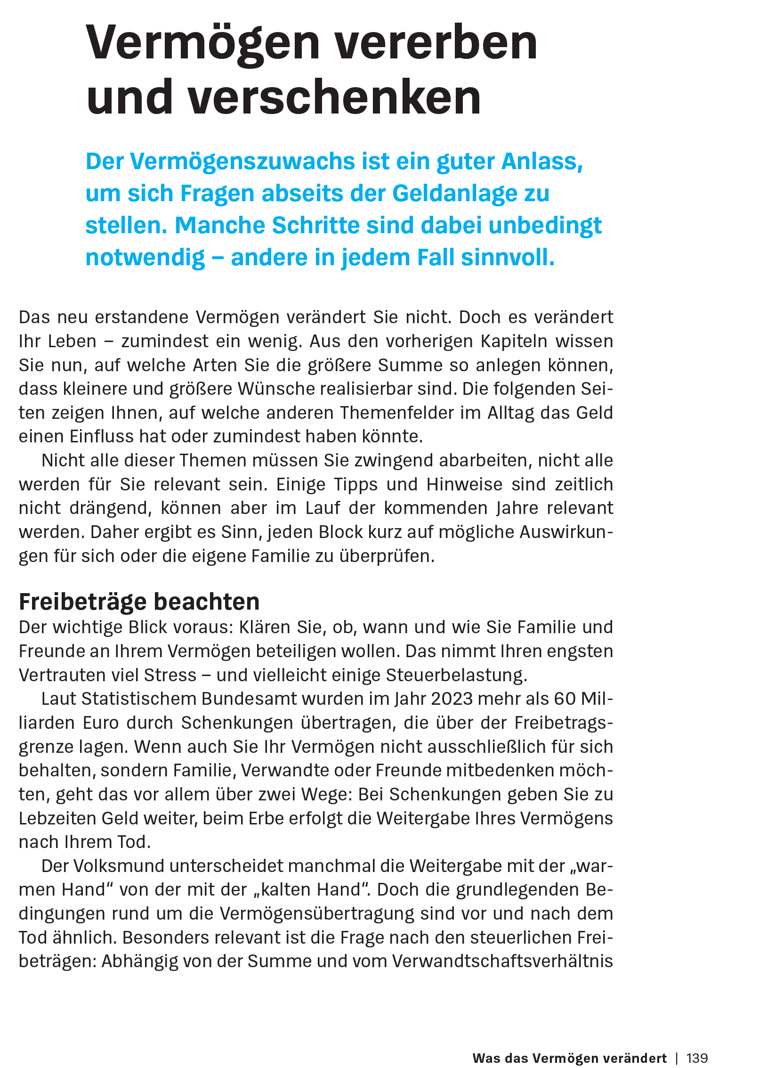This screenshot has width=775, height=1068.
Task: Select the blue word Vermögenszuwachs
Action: (242, 162)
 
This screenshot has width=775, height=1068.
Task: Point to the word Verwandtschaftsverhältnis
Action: (502, 962)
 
